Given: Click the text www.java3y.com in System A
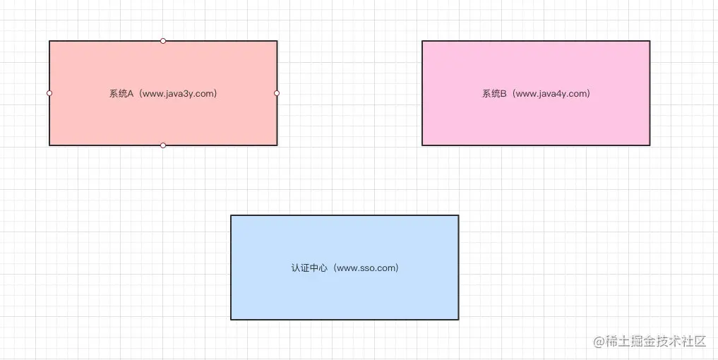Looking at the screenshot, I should pyautogui.click(x=179, y=93).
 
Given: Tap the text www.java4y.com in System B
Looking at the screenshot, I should pyautogui.click(x=551, y=93).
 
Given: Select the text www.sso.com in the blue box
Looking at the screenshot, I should pyautogui.click(x=366, y=268).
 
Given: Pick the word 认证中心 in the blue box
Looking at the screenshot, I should pyautogui.click(x=309, y=268).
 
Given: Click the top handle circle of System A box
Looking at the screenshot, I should pyautogui.click(x=163, y=41).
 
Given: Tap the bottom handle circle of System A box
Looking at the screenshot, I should pyautogui.click(x=163, y=145).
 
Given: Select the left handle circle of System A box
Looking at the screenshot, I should pyautogui.click(x=49, y=93).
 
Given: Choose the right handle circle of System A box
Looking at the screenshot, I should pyautogui.click(x=277, y=93).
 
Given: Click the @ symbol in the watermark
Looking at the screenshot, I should pyautogui.click(x=599, y=342).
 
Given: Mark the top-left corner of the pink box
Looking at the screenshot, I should pyautogui.click(x=422, y=41).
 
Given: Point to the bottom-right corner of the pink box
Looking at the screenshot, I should pyautogui.click(x=650, y=145).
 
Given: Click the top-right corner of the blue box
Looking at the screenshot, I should pyautogui.click(x=458, y=215).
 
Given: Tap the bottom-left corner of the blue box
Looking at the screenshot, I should pyautogui.click(x=231, y=319).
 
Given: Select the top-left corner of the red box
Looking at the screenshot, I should pyautogui.click(x=49, y=41).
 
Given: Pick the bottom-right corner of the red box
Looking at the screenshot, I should pyautogui.click(x=277, y=145).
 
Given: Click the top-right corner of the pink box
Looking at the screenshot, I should pyautogui.click(x=650, y=41).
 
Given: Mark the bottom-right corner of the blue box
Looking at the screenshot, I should pyautogui.click(x=458, y=319).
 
